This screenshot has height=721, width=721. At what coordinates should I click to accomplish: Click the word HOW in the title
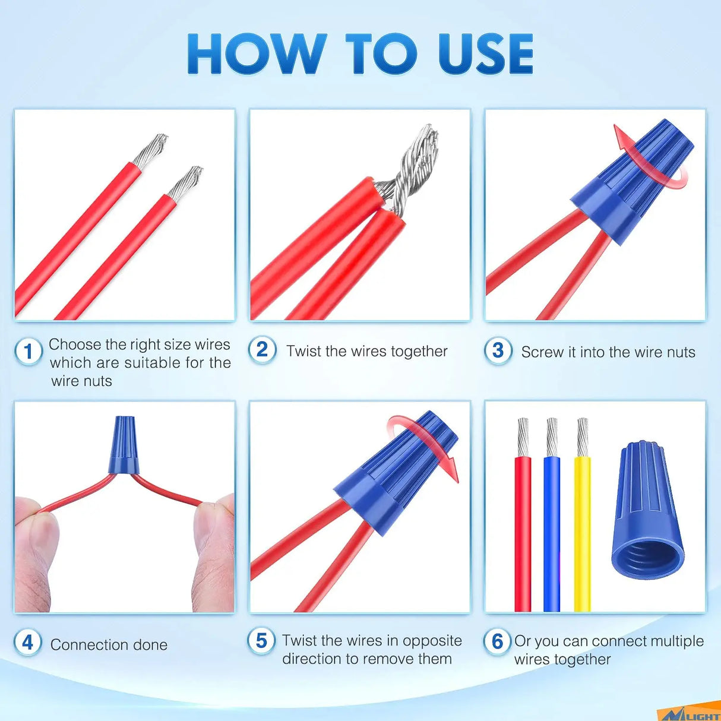click(x=257, y=53)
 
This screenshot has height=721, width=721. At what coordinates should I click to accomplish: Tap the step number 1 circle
click(x=29, y=352)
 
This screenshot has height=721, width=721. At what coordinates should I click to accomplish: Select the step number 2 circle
click(x=263, y=350)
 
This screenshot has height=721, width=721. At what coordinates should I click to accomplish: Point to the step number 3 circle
click(x=498, y=351)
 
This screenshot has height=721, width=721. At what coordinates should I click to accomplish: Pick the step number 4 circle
click(x=28, y=643)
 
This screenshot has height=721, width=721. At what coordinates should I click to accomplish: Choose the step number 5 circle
click(x=261, y=641)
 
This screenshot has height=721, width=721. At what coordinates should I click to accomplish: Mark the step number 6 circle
click(x=497, y=641)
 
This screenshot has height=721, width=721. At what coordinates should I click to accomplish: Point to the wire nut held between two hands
click(x=123, y=445)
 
